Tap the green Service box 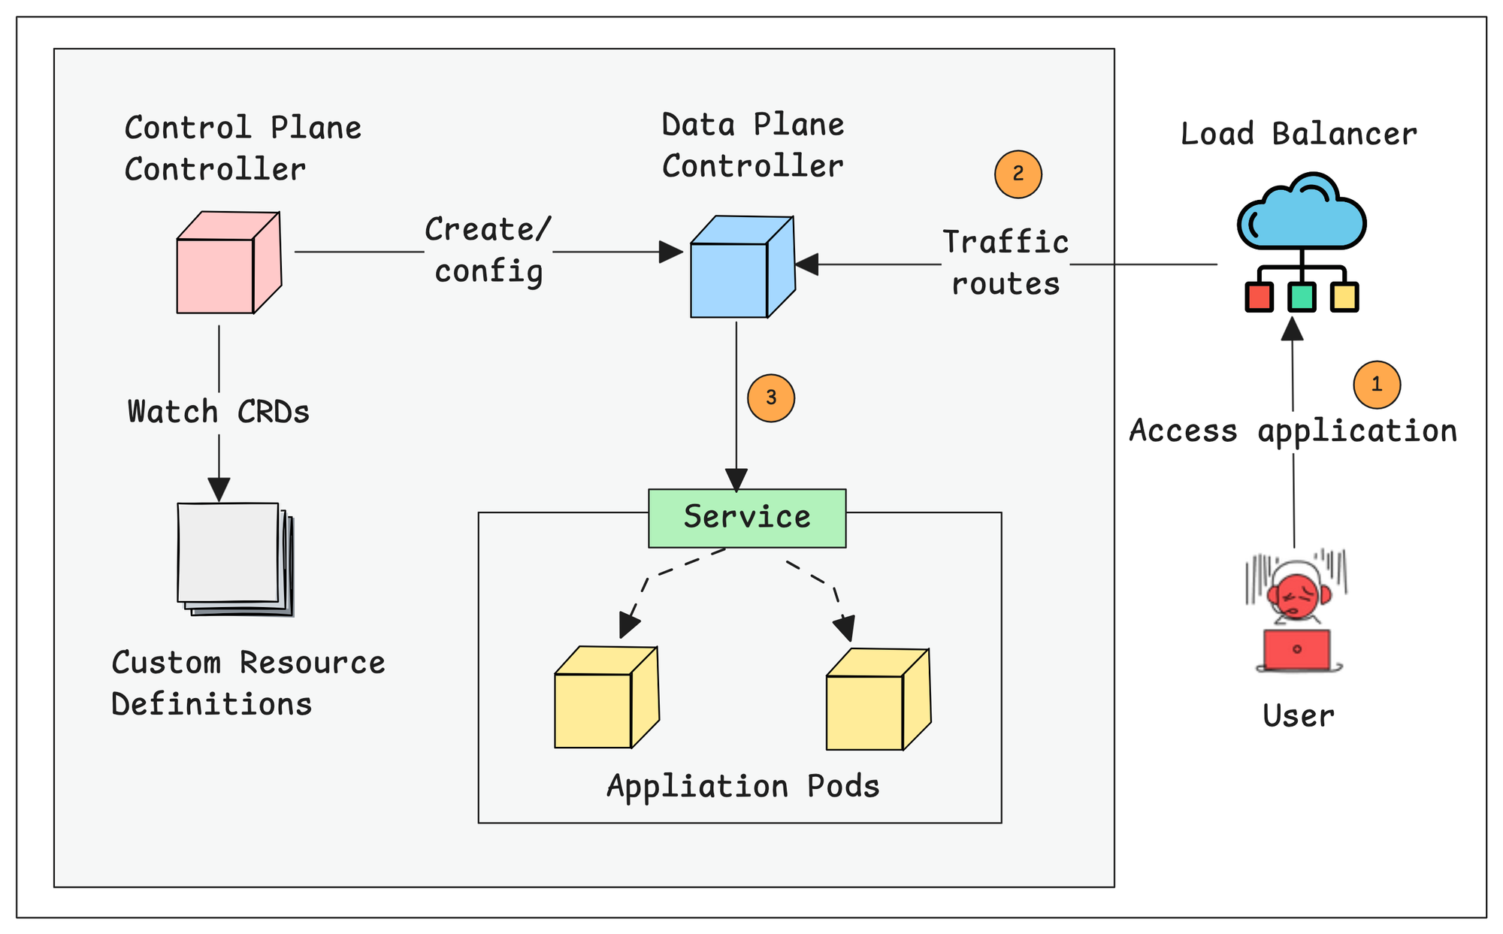(747, 518)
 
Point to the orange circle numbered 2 (1018, 174)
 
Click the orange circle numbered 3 (770, 397)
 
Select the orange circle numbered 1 (1376, 385)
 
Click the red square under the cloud (1259, 297)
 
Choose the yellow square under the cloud (1344, 297)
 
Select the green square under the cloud (1302, 297)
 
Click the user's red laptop (1296, 650)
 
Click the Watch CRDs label (219, 413)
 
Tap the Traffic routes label (1006, 264)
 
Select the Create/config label (488, 251)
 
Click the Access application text (1293, 431)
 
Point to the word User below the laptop (1298, 716)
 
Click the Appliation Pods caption (742, 787)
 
